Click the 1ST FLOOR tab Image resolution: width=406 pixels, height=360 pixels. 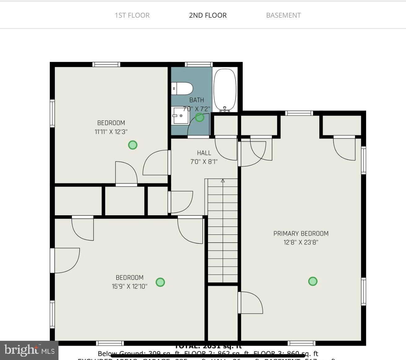pos(132,15)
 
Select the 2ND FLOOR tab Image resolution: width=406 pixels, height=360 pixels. pos(208,15)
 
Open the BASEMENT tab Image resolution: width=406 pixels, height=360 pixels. pos(283,15)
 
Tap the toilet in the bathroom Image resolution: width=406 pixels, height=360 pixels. pos(183,89)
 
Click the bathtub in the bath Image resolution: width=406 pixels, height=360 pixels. pos(225,90)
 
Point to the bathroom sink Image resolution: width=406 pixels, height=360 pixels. pos(180,116)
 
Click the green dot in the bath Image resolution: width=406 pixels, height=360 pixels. pos(200,117)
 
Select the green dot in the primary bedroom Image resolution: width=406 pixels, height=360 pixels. pos(313,281)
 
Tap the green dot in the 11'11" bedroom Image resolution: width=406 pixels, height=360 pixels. pos(133,145)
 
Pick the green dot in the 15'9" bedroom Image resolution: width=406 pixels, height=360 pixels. pos(160,282)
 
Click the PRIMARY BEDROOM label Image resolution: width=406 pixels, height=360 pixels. pos(301,234)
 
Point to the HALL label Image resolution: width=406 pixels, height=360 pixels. pos(204,153)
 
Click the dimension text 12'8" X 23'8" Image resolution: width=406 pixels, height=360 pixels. pos(301,242)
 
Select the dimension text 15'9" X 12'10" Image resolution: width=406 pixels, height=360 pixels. pos(129,286)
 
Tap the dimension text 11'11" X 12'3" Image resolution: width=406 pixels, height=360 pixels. pos(111,132)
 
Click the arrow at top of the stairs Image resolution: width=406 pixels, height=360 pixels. pos(222,181)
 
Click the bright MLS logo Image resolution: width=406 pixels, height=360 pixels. pos(29,350)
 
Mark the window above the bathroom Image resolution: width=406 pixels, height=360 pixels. pos(199,64)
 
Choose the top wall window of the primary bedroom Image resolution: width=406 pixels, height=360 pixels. pos(299,113)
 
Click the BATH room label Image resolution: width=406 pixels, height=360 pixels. pos(197,100)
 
